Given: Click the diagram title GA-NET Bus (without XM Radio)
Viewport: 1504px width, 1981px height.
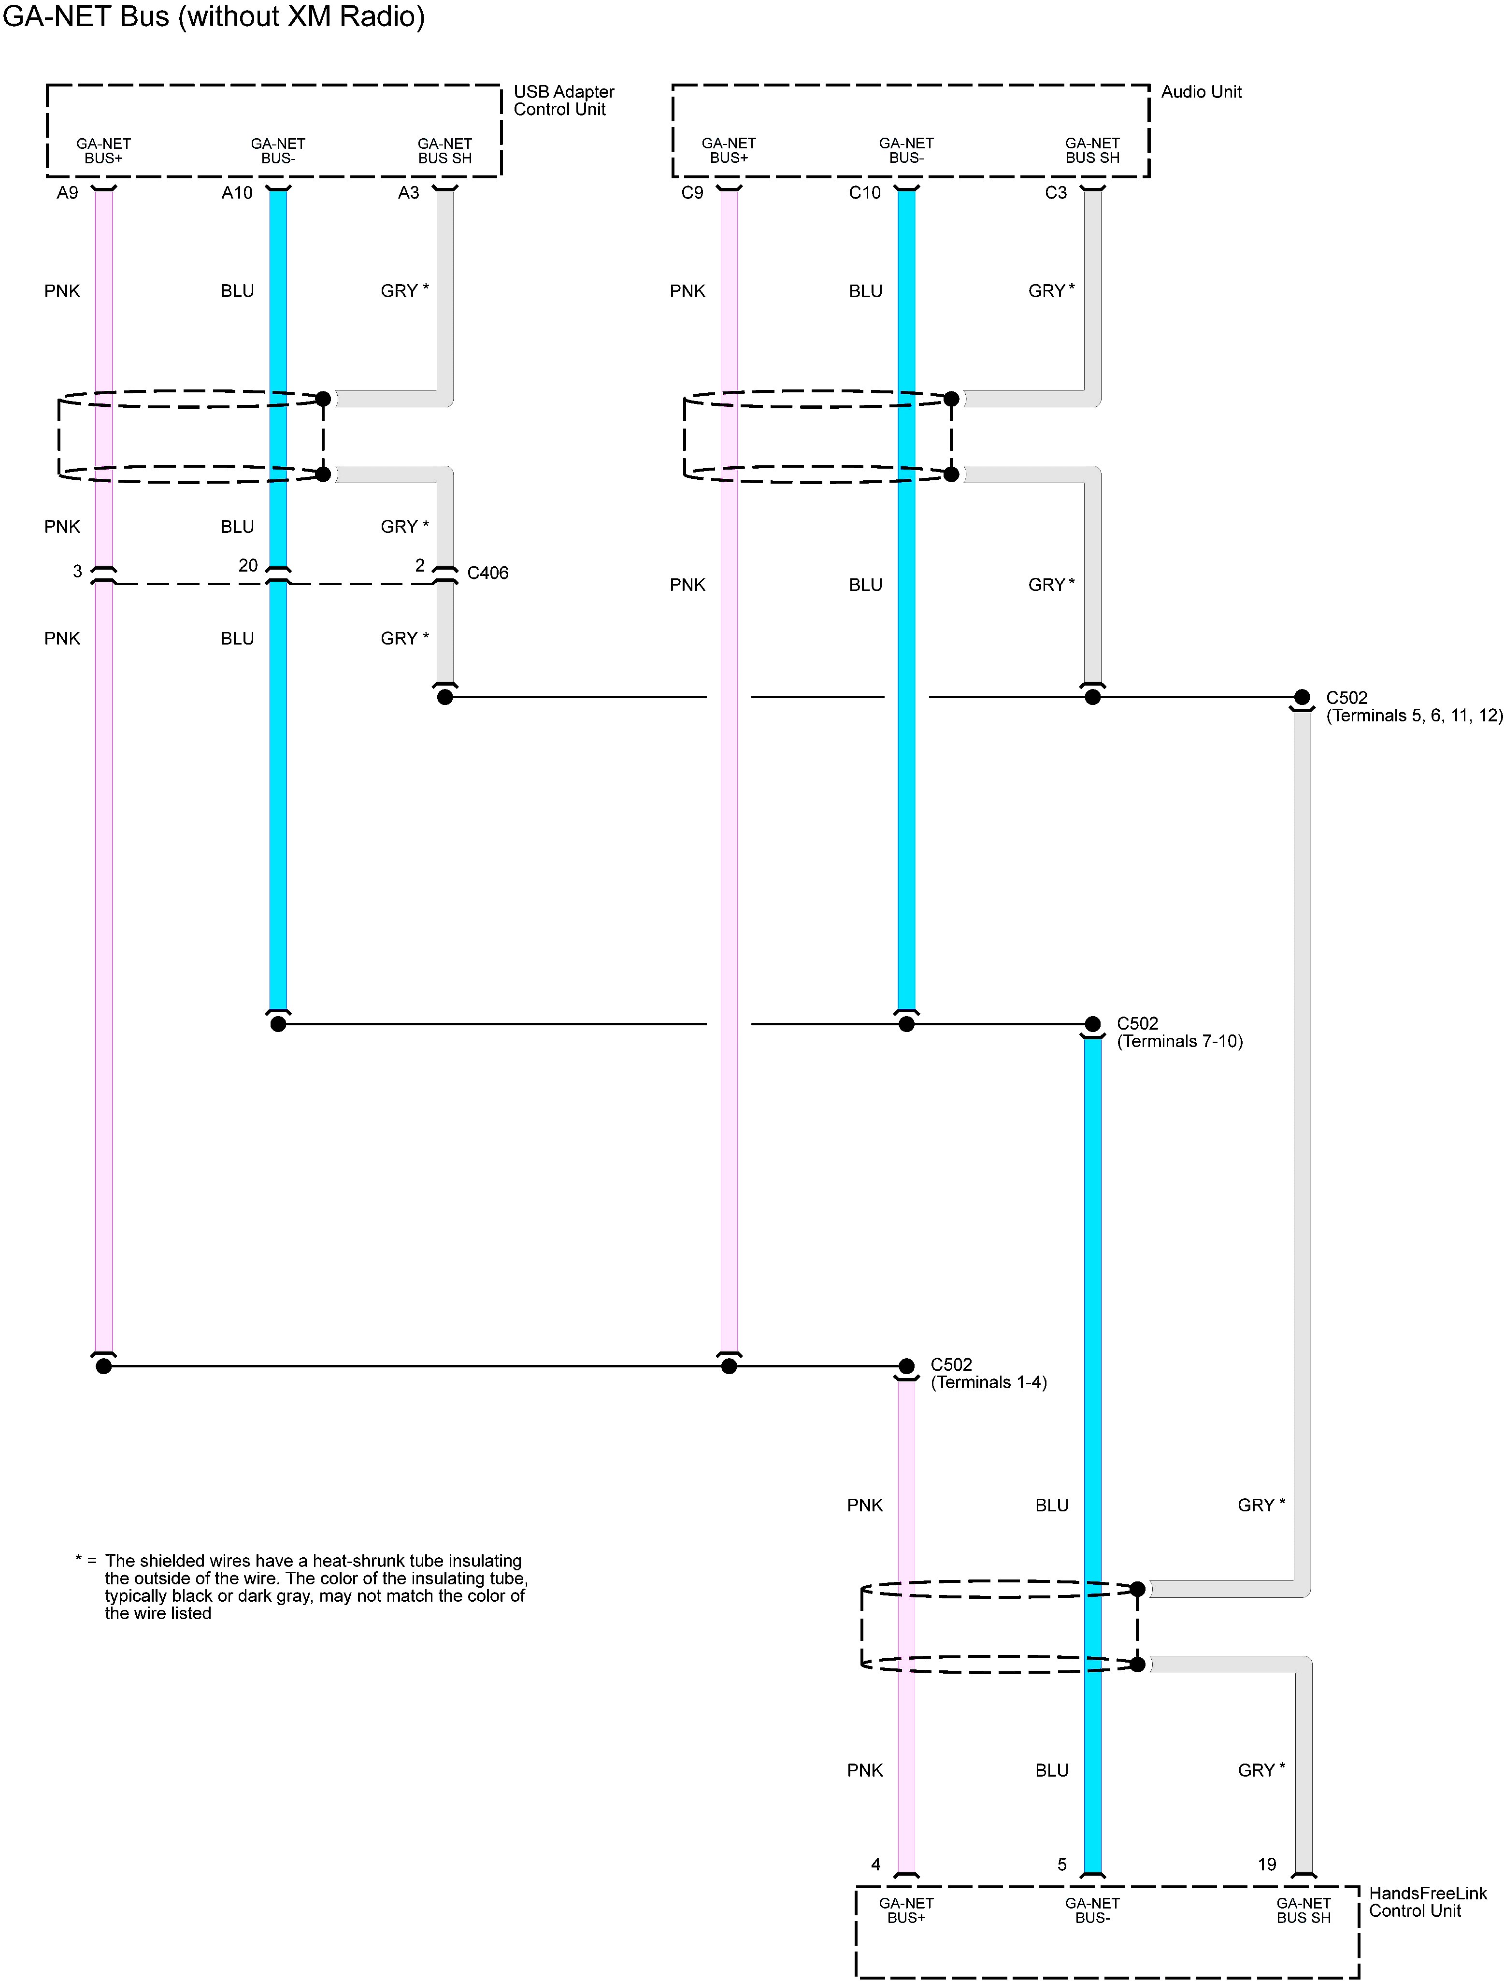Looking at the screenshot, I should tap(213, 16).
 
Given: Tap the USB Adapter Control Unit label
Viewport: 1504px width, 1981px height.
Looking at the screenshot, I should tap(563, 100).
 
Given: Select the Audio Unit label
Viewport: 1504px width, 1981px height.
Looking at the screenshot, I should tap(1201, 91).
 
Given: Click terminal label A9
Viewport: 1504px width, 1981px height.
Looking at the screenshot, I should tap(67, 193).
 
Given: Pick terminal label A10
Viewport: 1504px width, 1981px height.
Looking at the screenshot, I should tap(237, 193).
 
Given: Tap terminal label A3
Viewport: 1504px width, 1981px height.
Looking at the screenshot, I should tap(408, 193).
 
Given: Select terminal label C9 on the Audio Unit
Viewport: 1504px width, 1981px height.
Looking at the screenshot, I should tap(692, 193).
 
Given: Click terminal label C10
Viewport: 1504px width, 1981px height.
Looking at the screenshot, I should tap(865, 193).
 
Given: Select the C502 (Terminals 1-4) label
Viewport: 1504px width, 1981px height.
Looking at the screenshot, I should tap(988, 1373).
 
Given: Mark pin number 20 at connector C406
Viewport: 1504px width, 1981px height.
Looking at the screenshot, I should tap(248, 565).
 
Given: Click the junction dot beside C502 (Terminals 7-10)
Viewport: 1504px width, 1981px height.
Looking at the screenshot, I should tap(1092, 1024).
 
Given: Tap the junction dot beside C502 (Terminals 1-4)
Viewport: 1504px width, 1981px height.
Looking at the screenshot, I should tap(906, 1366).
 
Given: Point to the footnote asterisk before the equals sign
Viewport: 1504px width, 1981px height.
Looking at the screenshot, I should tap(79, 1559).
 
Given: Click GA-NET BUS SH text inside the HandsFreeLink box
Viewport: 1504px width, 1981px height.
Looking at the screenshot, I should tap(1303, 1910).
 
